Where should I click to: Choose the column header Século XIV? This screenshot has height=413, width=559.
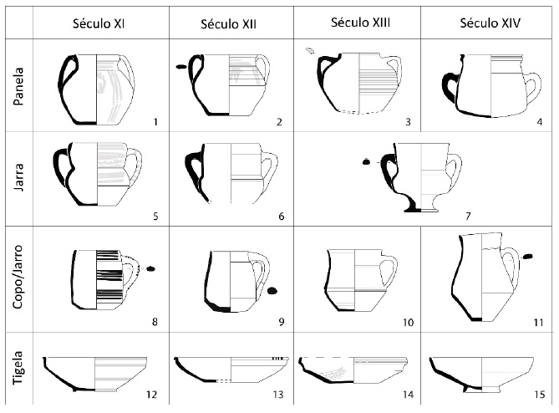(490, 23)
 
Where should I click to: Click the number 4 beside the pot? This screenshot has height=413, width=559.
(540, 122)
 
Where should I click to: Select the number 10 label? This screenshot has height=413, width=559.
(408, 321)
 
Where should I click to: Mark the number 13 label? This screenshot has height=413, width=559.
(278, 395)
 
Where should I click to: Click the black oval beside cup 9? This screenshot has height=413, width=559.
(272, 291)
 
